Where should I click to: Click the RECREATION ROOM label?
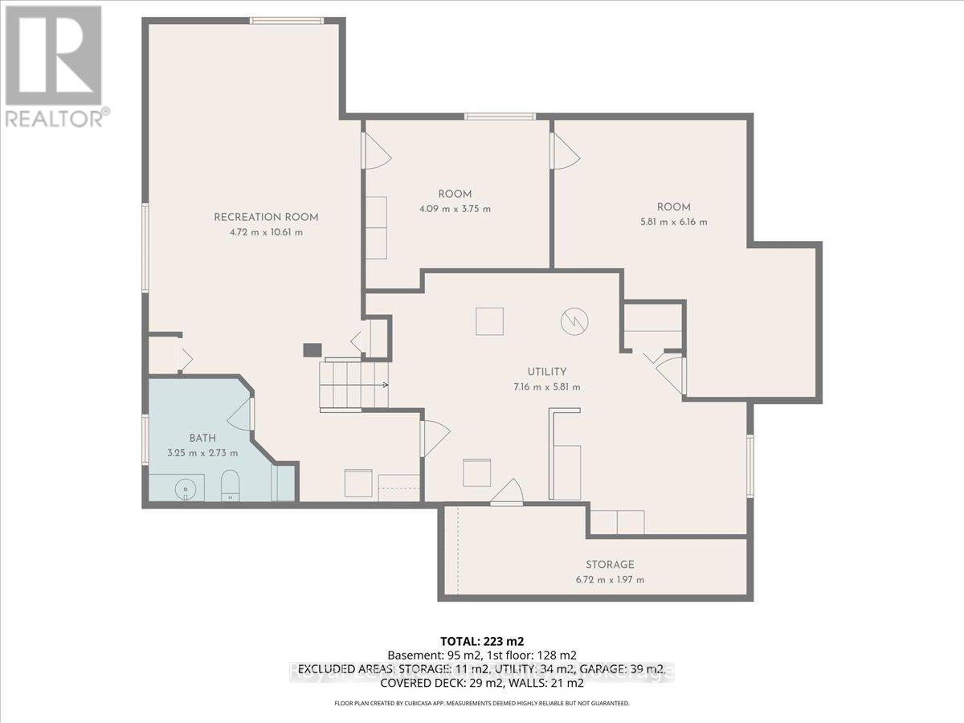coord(266,217)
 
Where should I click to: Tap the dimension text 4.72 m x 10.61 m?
coord(266,232)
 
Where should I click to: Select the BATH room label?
coord(202,438)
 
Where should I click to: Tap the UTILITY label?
coord(547,372)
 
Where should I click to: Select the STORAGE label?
coord(610,565)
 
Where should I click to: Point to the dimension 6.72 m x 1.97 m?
coord(610,580)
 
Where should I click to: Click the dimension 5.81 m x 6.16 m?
coord(672,222)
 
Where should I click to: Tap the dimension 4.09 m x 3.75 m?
coord(455,209)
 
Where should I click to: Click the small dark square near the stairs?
coord(312,349)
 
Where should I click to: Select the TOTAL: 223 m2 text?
coord(481,641)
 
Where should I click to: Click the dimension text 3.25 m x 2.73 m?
coord(202,453)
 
